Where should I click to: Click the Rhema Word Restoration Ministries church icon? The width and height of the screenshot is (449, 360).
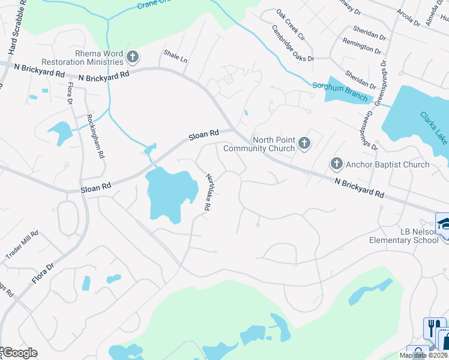pos(133,58)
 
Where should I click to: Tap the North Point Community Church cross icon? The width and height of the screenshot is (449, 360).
pos(304,143)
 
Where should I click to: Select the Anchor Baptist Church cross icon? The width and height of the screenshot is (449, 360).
pos(336,164)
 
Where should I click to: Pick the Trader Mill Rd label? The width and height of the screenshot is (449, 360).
pos(22,245)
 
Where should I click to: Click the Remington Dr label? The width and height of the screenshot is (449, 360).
pos(362,44)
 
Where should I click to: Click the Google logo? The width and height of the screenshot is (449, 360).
pos(19,353)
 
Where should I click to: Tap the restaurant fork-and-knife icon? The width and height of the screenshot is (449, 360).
pos(432,327)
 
